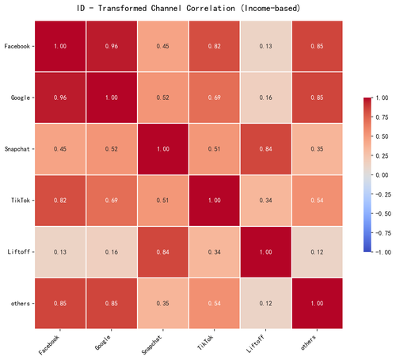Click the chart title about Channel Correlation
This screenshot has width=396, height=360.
(x=188, y=9)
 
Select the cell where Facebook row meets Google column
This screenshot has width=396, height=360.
(x=112, y=46)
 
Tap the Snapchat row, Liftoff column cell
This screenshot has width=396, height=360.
(x=265, y=149)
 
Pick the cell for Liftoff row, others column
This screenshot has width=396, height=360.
(x=317, y=252)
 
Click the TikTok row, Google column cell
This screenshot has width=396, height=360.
(x=112, y=201)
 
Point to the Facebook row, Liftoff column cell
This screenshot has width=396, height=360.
(x=265, y=46)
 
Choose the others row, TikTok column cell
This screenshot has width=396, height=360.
(x=214, y=304)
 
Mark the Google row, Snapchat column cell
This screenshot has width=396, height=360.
(x=163, y=98)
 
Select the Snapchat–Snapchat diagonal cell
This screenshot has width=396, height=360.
(x=163, y=149)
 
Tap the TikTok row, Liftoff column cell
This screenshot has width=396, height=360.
(x=265, y=201)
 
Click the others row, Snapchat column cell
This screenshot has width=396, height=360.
(x=163, y=304)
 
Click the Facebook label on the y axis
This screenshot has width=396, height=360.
(x=17, y=46)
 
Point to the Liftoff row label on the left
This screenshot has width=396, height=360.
(x=18, y=252)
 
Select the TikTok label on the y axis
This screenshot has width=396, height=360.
(x=21, y=201)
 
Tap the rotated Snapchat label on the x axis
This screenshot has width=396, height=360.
(x=151, y=344)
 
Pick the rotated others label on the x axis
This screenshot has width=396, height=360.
(x=308, y=343)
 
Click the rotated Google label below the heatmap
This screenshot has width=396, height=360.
(x=103, y=343)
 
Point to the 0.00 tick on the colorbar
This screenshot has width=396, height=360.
(x=382, y=175)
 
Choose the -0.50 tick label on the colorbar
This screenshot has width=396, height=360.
(x=383, y=213)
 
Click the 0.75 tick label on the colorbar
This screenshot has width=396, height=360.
(x=382, y=117)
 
